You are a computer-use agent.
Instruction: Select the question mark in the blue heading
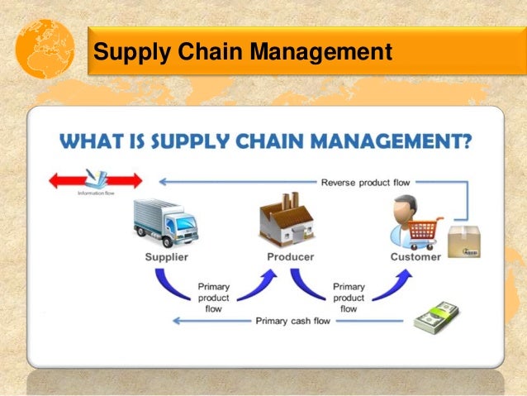coord(466,141)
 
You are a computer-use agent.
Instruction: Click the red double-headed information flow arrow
coord(95,179)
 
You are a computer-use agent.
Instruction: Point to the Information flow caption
coord(96,193)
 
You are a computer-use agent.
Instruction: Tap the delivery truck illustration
coord(165,221)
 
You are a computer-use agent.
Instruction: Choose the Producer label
coord(290,256)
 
